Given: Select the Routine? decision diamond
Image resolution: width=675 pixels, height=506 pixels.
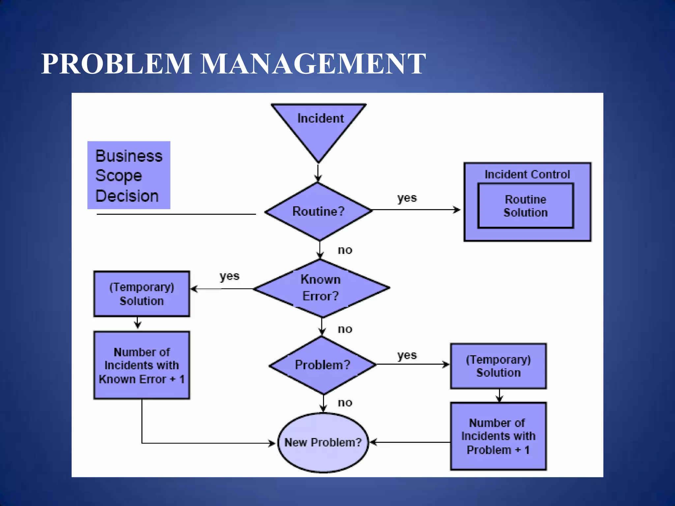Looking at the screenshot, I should (x=318, y=211).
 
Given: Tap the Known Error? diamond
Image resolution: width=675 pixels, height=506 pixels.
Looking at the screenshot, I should (x=321, y=288).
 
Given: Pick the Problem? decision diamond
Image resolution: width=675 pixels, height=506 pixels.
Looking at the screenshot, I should (x=323, y=365).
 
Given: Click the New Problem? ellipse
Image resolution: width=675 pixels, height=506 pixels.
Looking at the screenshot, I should (x=323, y=442).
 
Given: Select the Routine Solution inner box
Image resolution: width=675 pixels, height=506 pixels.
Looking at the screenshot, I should (x=526, y=206).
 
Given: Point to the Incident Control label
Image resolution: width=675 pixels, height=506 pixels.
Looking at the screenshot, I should (x=527, y=174).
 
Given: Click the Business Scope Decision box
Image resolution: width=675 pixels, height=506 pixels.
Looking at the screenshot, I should (x=129, y=175).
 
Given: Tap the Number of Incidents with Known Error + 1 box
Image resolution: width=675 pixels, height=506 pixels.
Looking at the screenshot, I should (x=142, y=365).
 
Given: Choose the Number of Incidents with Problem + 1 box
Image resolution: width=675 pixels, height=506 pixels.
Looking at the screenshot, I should (x=498, y=436).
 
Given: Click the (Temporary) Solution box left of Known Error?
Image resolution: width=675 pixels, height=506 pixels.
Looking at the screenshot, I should (x=142, y=294).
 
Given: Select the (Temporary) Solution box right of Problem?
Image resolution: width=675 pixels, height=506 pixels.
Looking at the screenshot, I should (x=498, y=366).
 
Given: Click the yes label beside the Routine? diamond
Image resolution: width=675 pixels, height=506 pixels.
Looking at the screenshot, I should (x=407, y=198).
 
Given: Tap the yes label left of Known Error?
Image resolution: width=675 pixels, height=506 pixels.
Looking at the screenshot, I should (x=229, y=276).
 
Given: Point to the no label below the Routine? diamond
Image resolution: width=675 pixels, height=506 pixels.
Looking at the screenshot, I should (x=345, y=250).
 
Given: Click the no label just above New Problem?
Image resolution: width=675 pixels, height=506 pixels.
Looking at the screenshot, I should (x=345, y=403).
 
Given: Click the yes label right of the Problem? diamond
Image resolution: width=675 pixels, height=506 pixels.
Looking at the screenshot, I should (x=407, y=355).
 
